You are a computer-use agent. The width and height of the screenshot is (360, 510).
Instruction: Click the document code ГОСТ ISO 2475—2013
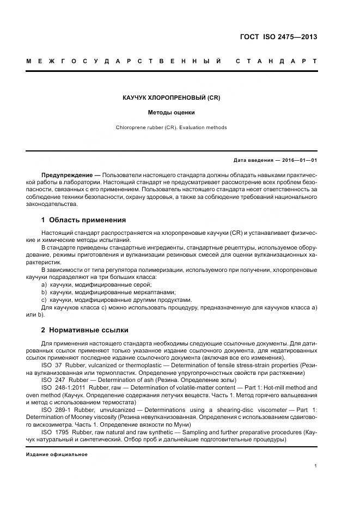[x=278, y=38]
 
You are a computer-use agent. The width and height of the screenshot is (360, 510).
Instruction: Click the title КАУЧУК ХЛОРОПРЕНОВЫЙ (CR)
[x=171, y=98]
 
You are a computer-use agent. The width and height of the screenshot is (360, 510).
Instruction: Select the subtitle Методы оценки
[x=171, y=113]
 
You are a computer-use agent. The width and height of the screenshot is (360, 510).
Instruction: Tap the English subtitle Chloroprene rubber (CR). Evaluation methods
[x=171, y=127]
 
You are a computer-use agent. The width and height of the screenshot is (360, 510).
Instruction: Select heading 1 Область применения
[x=83, y=220]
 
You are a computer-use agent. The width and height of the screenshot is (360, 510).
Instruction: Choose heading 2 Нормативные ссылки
[x=85, y=330]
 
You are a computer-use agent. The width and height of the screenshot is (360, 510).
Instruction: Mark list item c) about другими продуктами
[x=117, y=300]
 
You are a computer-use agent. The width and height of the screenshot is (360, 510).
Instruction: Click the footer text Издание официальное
[x=57, y=454]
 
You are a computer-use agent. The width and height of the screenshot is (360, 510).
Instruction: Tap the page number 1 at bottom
[x=316, y=465]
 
